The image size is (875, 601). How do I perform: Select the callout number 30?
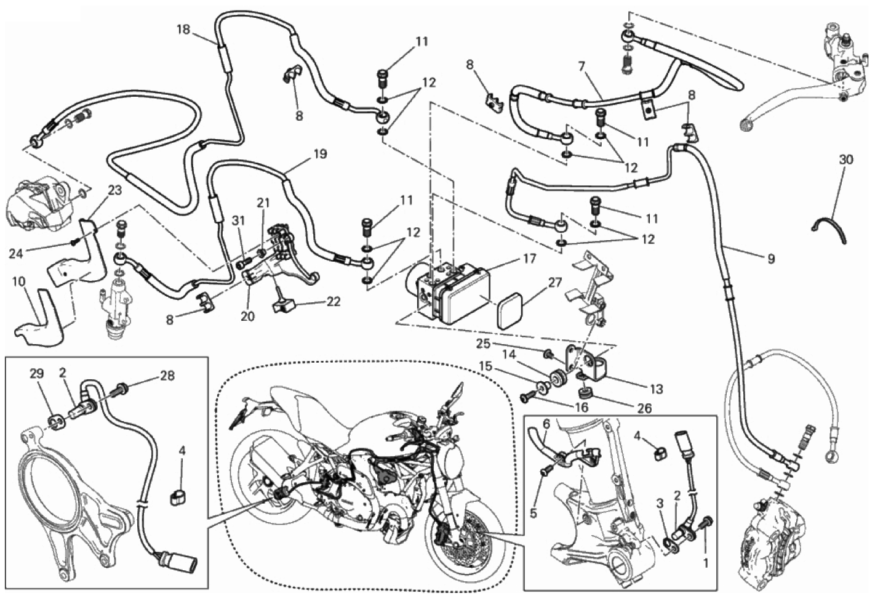(846, 159)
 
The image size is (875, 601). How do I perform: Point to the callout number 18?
(183, 29)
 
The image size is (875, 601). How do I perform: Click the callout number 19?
(319, 154)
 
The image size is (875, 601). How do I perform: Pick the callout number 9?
(770, 259)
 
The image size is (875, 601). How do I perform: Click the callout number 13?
(656, 389)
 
